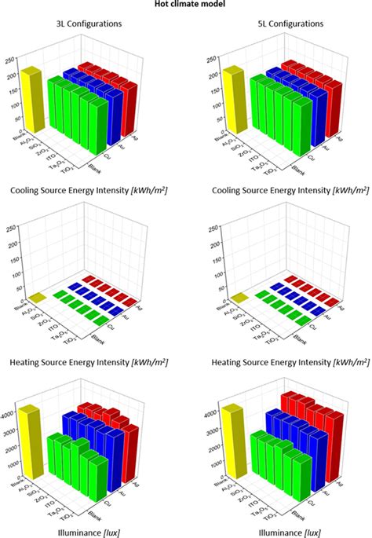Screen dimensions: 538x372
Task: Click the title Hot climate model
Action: point(186,5)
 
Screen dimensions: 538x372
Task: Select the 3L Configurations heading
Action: point(88,24)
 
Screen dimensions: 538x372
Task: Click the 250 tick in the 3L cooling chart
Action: point(9,59)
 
